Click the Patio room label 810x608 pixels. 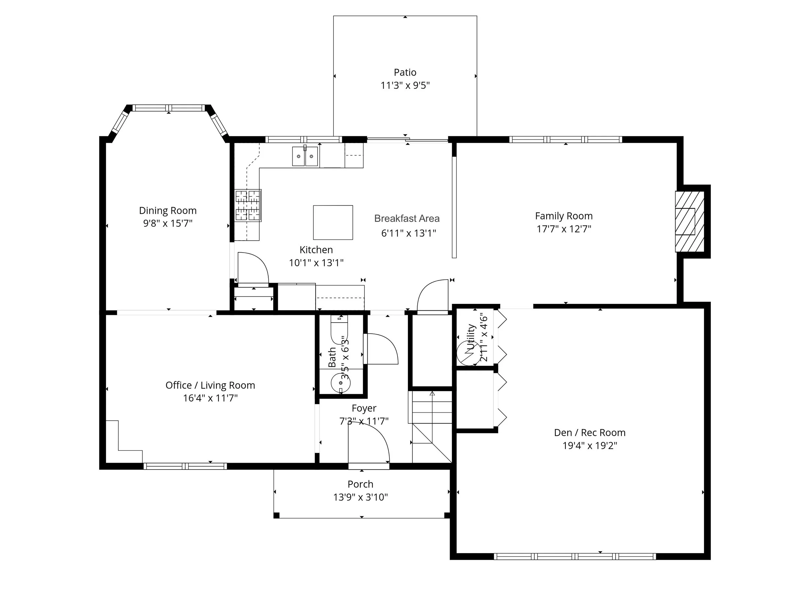click(x=405, y=72)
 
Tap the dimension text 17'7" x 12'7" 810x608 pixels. click(x=564, y=229)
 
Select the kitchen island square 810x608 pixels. click(x=333, y=222)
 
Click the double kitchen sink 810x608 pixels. click(x=305, y=157)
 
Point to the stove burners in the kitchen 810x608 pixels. click(x=248, y=206)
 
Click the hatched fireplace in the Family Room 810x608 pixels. click(x=689, y=221)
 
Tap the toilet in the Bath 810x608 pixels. click(x=340, y=328)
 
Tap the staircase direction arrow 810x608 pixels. click(x=432, y=394)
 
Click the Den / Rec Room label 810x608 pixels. click(x=590, y=433)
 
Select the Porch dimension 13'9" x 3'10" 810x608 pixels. click(x=360, y=497)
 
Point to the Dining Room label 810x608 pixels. click(x=168, y=211)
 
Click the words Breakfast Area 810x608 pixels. click(x=407, y=219)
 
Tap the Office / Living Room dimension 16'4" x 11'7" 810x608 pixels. click(x=210, y=398)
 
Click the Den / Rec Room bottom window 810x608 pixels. click(x=574, y=556)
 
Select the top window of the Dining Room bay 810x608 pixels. click(x=168, y=108)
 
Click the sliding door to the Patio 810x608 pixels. click(x=407, y=139)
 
